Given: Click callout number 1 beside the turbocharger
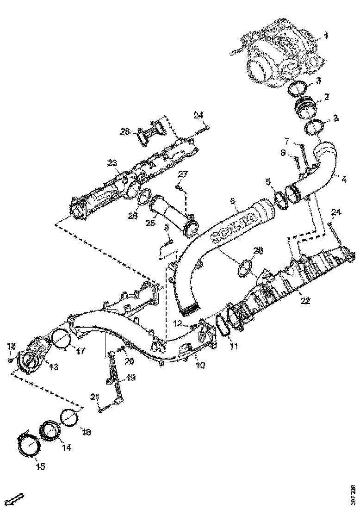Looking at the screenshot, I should (326, 35).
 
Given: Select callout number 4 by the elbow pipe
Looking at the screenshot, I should (344, 177).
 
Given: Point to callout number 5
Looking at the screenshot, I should (268, 181).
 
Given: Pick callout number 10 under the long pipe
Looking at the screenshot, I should (200, 365).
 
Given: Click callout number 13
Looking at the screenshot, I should (54, 367).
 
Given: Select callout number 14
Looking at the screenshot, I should (66, 448).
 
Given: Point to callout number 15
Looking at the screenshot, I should (41, 466).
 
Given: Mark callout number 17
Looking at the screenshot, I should (81, 351).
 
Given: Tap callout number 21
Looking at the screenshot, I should (95, 397).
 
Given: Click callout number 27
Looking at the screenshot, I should (183, 174).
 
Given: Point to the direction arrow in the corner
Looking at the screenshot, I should (17, 499).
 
